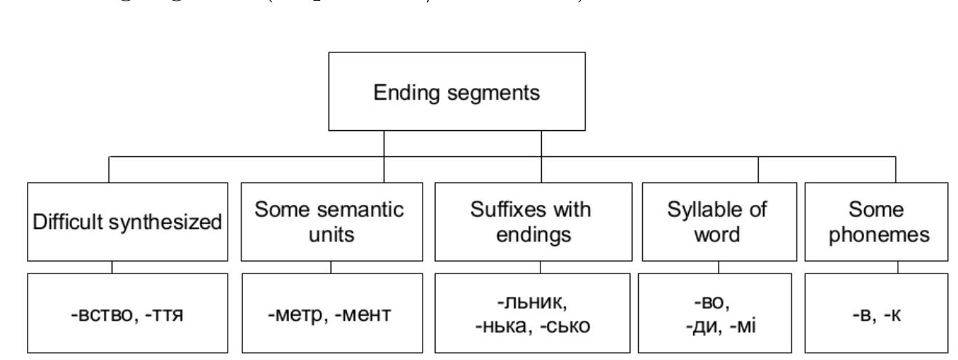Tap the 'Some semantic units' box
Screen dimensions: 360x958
[331, 222]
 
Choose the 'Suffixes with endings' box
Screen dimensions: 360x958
[542, 222]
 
